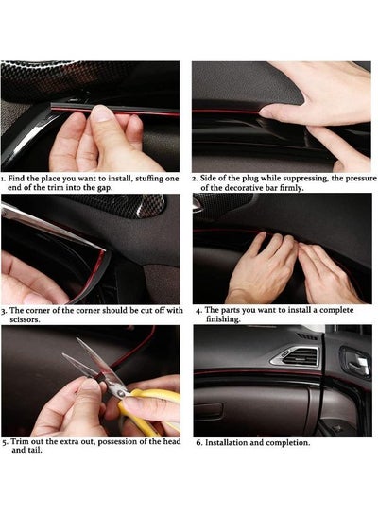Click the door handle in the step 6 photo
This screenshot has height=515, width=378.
356,360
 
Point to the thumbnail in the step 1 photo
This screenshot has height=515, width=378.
102,113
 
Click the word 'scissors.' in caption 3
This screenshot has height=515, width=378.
25,319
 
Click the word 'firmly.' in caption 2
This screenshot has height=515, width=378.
292,188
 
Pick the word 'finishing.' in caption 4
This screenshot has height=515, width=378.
223,319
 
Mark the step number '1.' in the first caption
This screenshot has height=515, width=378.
3,179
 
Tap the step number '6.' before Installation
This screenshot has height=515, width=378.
199,443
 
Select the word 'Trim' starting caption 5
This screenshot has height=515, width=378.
18,441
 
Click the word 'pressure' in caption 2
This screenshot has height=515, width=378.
360,179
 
